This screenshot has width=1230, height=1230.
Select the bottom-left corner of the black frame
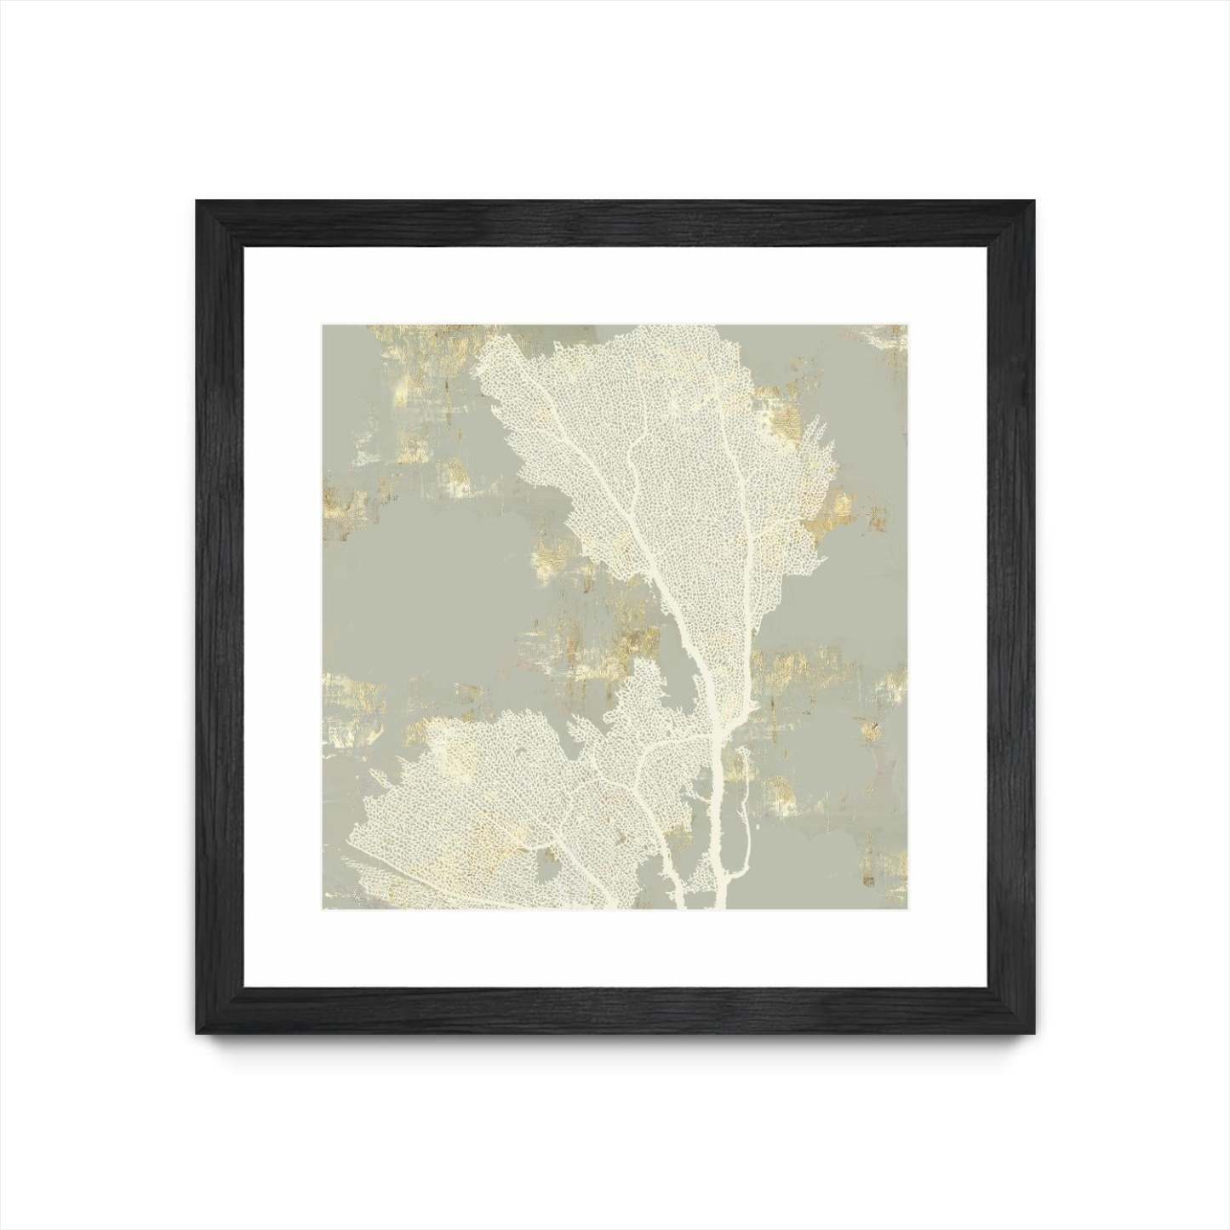tap(198, 1033)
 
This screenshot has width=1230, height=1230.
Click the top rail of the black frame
tap(615, 223)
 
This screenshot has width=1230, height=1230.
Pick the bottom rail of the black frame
tap(615, 1010)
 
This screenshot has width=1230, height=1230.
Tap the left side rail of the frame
tap(220, 617)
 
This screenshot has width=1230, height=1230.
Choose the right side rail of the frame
tap(1011, 617)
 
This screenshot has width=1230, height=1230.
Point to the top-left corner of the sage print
tap(323, 325)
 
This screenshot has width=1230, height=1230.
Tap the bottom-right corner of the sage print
tap(906, 908)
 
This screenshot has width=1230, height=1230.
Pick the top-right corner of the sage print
tap(906, 325)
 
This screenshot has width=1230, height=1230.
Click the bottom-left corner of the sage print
tap(323, 908)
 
